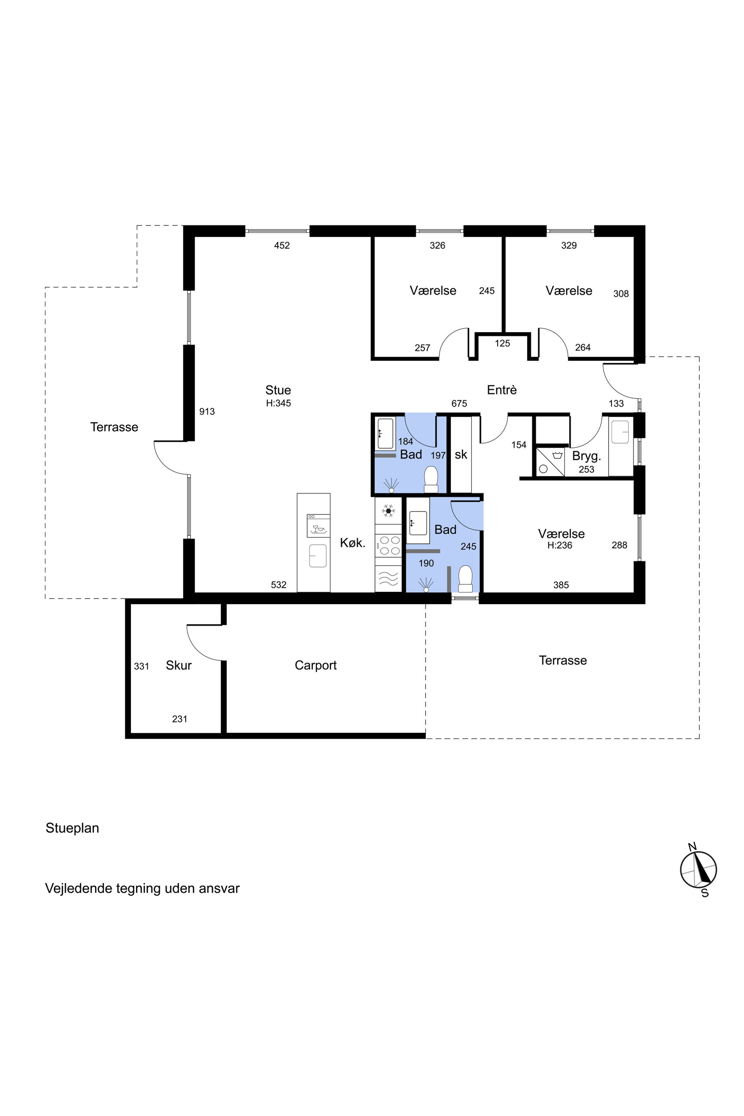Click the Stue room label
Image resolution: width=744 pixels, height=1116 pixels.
click(x=278, y=390)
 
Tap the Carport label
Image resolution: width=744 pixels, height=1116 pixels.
click(x=315, y=665)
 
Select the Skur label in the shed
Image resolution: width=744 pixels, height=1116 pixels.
click(x=178, y=665)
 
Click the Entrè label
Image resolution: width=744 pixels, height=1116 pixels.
click(x=501, y=390)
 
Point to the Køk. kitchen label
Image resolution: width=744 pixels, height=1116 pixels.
click(x=352, y=543)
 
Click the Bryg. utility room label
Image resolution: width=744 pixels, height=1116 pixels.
click(x=586, y=456)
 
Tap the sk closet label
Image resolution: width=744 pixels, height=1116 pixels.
click(x=461, y=454)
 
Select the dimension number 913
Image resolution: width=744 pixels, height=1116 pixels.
click(x=207, y=411)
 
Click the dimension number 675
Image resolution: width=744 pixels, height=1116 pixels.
click(x=459, y=403)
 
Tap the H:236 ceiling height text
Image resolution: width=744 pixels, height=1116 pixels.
click(x=560, y=546)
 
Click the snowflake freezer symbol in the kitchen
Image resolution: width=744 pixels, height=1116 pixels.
click(x=388, y=510)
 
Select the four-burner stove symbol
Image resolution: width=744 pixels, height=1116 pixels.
click(x=388, y=545)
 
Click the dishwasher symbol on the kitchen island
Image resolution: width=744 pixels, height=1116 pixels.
click(x=318, y=525)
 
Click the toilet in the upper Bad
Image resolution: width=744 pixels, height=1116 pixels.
click(x=431, y=480)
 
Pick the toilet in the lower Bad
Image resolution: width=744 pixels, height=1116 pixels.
click(x=465, y=579)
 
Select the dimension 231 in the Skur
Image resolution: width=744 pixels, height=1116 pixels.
click(x=179, y=719)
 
